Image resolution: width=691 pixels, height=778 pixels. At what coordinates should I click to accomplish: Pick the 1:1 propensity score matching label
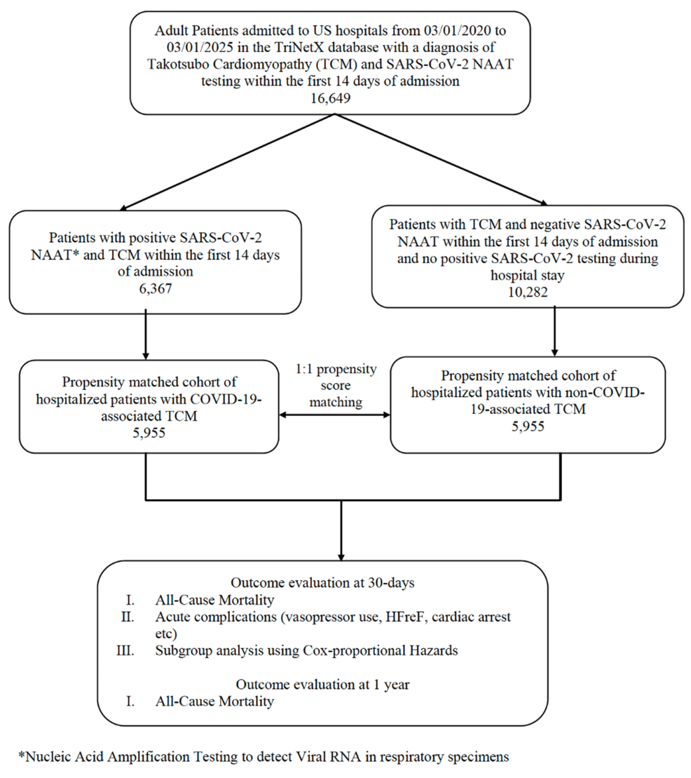coord(335,386)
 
